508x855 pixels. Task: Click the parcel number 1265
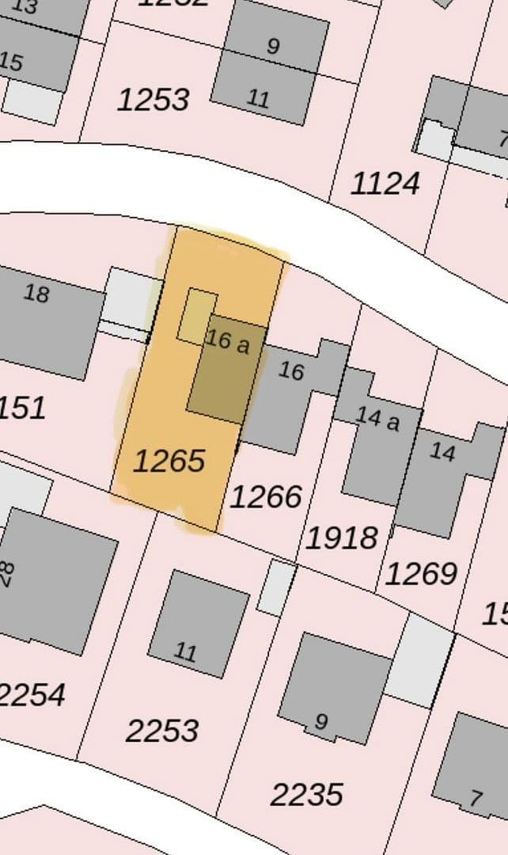pyautogui.click(x=169, y=460)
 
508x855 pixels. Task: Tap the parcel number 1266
pyautogui.click(x=266, y=496)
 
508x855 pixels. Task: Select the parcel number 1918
pyautogui.click(x=342, y=538)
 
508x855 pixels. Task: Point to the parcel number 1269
pyautogui.click(x=421, y=573)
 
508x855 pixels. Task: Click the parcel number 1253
pyautogui.click(x=154, y=100)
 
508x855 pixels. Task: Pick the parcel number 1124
pyautogui.click(x=385, y=184)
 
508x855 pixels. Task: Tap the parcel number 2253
pyautogui.click(x=162, y=731)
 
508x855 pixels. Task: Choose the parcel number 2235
pyautogui.click(x=307, y=793)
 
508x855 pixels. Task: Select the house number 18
pyautogui.click(x=36, y=294)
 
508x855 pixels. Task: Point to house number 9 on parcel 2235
pyautogui.click(x=320, y=721)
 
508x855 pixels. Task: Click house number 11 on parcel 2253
pyautogui.click(x=185, y=652)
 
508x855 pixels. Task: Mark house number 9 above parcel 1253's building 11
pyautogui.click(x=272, y=46)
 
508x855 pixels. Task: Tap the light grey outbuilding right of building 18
pyautogui.click(x=131, y=298)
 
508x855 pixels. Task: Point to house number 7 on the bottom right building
pyautogui.click(x=475, y=797)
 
